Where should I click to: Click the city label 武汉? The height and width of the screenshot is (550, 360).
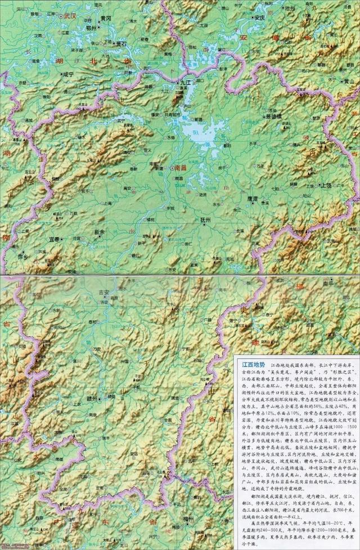(70, 16)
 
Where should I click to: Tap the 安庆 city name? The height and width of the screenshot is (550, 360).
(259, 17)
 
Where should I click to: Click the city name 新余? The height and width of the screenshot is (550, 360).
(100, 232)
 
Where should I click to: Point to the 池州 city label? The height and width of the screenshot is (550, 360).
(290, 9)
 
